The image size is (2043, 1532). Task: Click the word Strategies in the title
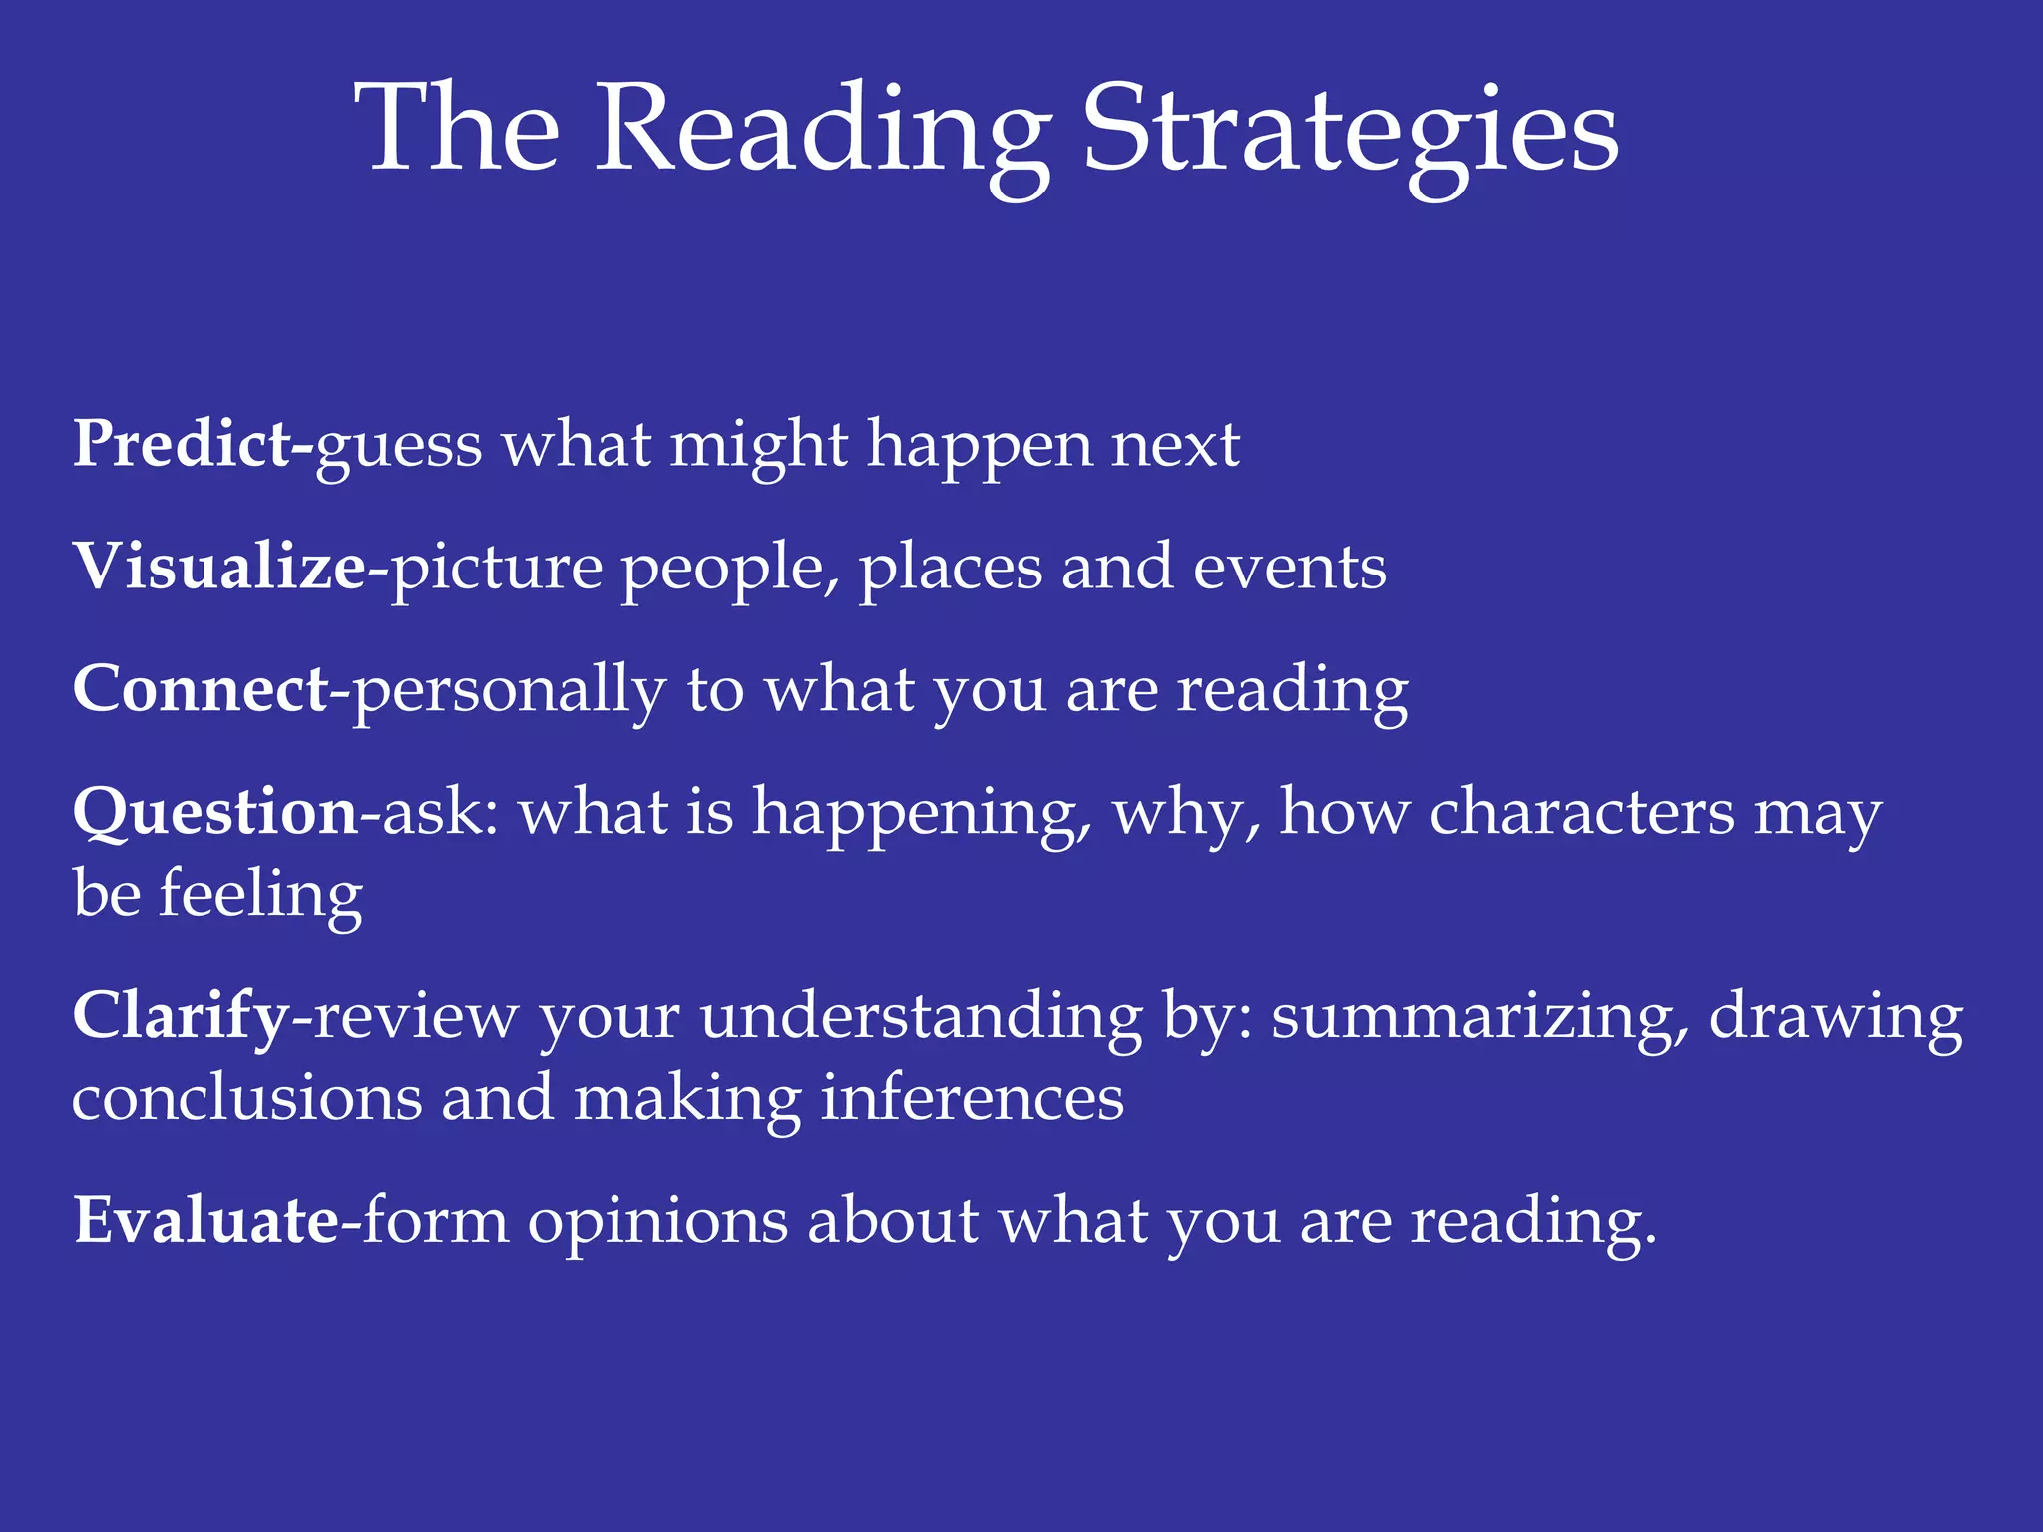pos(1351,130)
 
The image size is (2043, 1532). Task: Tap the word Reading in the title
pos(823,130)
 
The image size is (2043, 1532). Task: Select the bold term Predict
pos(183,443)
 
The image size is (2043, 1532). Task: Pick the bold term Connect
pos(201,689)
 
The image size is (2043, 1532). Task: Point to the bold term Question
pos(215,812)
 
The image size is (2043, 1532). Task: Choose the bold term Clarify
pos(181,1016)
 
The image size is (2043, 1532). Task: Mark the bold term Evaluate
pos(206,1220)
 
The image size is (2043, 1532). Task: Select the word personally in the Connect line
pos(510,691)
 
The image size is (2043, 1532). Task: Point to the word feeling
pos(260,894)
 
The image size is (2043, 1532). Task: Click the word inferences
pos(973,1098)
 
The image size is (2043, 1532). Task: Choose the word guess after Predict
pos(399,447)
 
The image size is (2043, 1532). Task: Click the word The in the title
pos(458,130)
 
